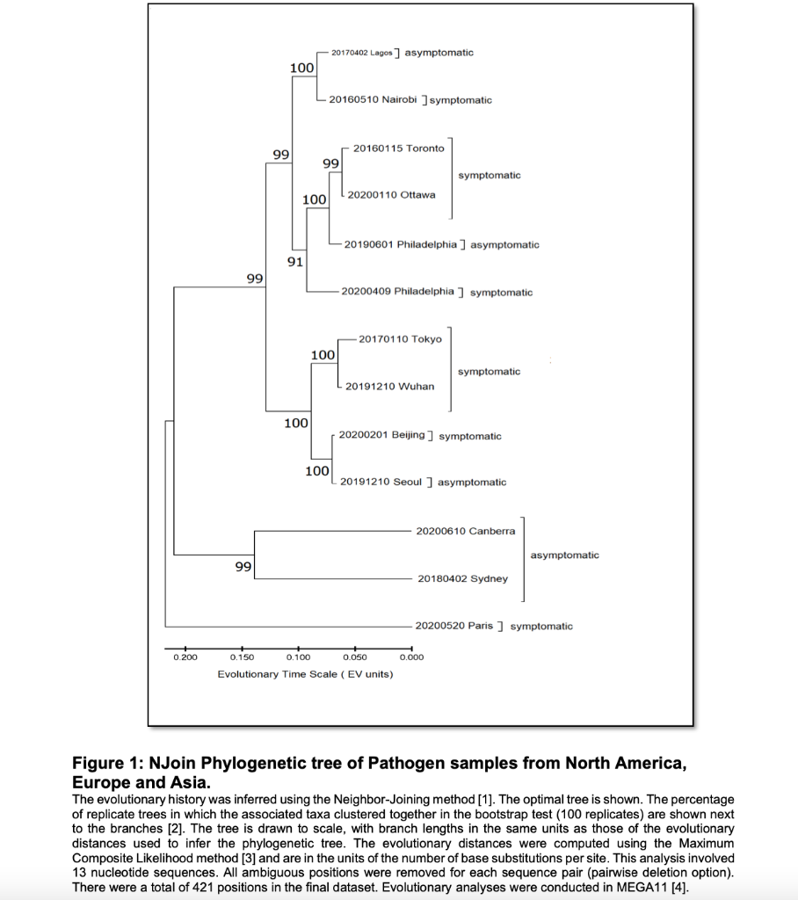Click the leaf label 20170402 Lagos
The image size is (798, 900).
362,53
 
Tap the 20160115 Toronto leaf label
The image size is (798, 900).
398,148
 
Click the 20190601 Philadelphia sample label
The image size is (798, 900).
400,243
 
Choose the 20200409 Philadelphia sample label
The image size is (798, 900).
397,291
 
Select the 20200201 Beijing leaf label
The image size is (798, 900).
381,434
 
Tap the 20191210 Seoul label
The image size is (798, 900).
381,482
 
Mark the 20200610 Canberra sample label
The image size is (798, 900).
465,531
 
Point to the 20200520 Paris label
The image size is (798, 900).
453,626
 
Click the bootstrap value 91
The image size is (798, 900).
295,262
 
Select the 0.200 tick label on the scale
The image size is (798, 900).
185,657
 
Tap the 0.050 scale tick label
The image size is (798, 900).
355,657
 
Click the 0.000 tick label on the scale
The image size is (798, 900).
411,657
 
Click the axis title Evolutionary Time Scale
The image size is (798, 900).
305,674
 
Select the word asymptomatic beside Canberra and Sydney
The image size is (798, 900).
564,555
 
